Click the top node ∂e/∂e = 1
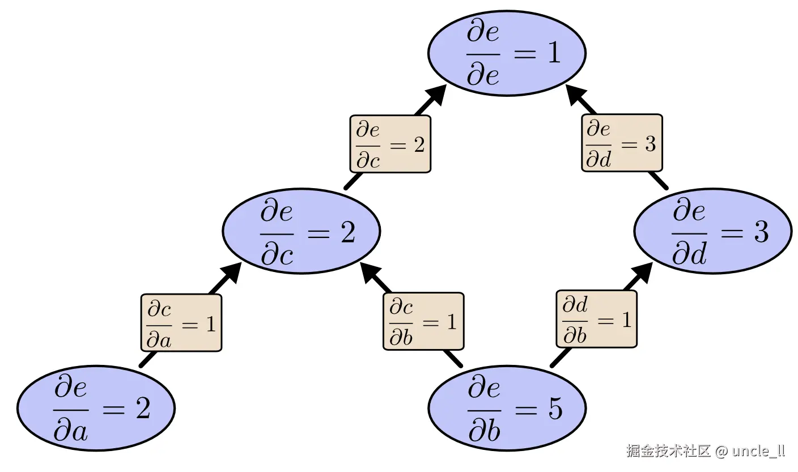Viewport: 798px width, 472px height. (507, 53)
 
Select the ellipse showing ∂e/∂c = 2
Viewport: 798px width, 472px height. (301, 231)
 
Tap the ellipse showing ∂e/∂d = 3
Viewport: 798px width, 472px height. (712, 231)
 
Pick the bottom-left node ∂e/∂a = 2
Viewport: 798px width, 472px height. (96, 408)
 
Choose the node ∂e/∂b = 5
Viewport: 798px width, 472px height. (507, 408)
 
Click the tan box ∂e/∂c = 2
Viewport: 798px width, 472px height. (390, 144)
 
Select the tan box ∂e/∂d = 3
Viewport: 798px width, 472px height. (622, 143)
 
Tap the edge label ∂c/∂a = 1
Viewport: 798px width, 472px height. (181, 323)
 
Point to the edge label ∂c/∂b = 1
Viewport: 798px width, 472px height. (423, 321)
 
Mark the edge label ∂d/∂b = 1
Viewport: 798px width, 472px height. (596, 318)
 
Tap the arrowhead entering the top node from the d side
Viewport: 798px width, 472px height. (576, 93)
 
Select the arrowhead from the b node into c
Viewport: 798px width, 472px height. (371, 272)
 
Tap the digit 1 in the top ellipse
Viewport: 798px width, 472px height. (553, 53)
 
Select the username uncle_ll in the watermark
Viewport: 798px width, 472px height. (758, 451)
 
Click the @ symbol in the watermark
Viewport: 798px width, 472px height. (721, 451)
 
